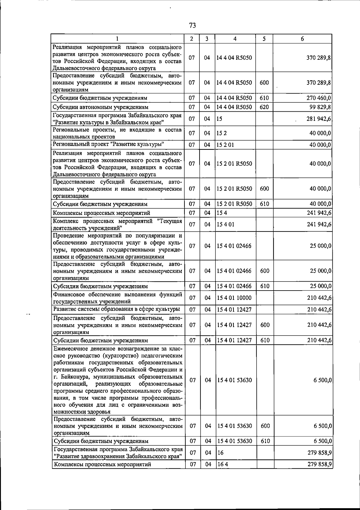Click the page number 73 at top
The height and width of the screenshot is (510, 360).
[193, 26]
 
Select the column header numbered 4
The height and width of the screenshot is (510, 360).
[235, 39]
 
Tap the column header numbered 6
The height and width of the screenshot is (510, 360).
[302, 39]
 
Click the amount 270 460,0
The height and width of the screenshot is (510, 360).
[319, 98]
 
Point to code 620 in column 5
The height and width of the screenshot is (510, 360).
[264, 107]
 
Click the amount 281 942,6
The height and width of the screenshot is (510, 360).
[319, 119]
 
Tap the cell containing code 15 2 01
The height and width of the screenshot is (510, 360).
[225, 145]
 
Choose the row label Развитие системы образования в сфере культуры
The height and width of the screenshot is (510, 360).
[117, 309]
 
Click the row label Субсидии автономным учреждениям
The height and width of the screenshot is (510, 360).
[100, 107]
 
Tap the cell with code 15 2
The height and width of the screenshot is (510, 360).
[221, 133]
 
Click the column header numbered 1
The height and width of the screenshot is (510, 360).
[117, 39]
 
